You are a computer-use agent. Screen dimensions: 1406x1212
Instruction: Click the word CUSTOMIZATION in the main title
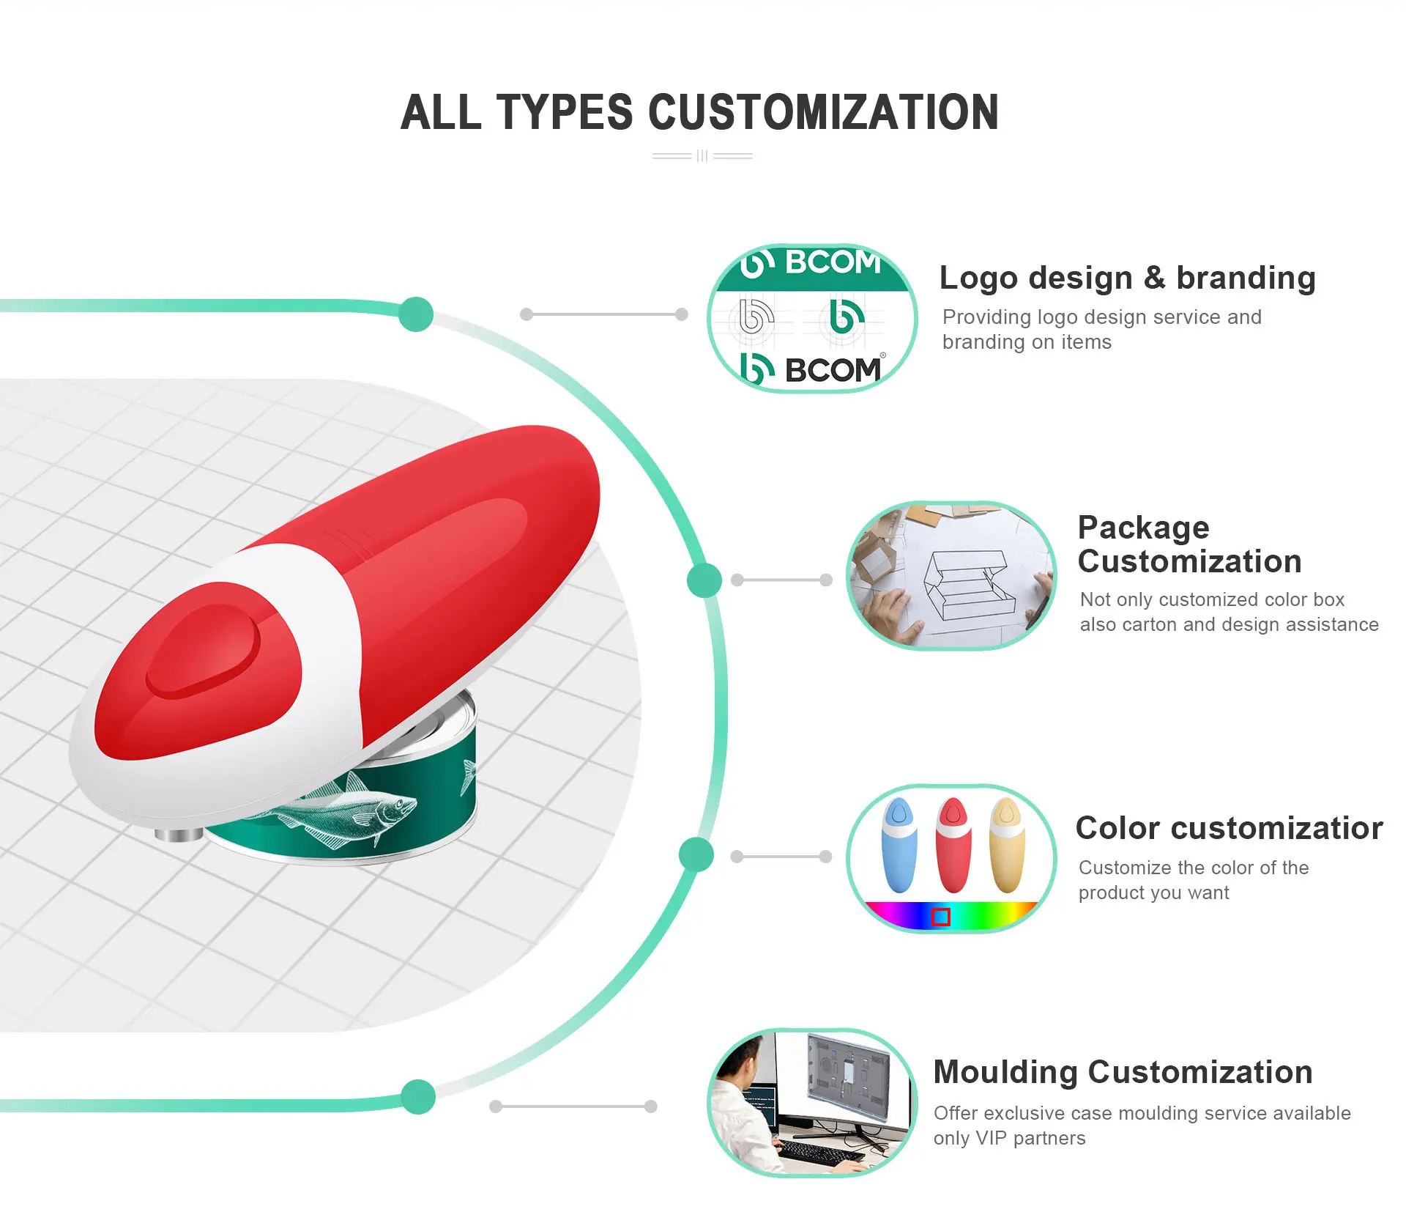click(823, 113)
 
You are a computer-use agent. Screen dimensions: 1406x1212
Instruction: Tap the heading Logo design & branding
click(1127, 278)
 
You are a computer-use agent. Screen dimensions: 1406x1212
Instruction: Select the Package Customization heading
click(1189, 544)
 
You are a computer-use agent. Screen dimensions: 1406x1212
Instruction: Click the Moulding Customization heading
click(1123, 1072)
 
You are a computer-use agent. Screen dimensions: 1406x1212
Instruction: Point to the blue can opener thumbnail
click(899, 844)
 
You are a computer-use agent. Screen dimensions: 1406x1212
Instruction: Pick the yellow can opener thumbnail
click(1007, 844)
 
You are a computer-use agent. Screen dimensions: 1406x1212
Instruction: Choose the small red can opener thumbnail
click(953, 844)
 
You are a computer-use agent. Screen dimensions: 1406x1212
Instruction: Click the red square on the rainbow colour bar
click(941, 917)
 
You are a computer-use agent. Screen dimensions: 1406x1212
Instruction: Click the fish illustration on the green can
click(351, 813)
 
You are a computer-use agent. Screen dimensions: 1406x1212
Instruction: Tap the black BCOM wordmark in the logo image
click(832, 370)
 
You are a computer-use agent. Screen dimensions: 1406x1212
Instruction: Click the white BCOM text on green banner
click(832, 262)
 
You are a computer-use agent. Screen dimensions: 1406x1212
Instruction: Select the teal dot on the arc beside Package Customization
click(704, 580)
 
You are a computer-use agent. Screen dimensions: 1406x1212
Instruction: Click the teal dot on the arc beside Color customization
click(696, 854)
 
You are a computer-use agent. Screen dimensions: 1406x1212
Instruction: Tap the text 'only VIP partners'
click(1009, 1138)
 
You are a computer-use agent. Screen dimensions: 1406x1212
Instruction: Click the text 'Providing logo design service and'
click(1101, 317)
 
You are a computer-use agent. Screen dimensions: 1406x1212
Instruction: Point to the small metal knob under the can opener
click(179, 834)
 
